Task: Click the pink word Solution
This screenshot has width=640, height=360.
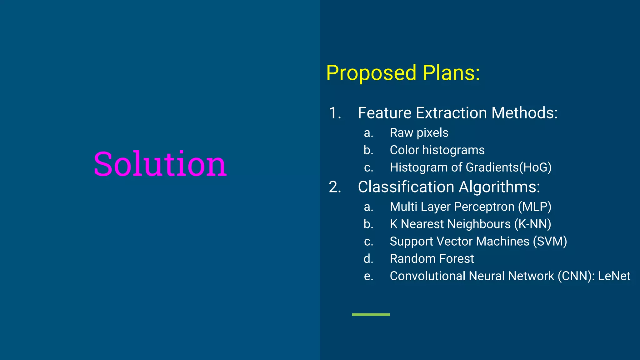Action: click(x=160, y=164)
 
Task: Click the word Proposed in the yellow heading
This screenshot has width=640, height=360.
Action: click(x=371, y=73)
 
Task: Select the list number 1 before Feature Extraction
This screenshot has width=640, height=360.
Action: click(x=335, y=113)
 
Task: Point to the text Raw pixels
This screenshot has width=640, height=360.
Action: click(x=419, y=133)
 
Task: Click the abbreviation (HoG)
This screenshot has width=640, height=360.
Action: click(x=535, y=167)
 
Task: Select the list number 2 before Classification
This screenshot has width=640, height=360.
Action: click(x=335, y=187)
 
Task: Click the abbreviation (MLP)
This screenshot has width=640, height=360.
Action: click(x=535, y=207)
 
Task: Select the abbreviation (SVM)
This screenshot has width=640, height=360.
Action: click(x=550, y=242)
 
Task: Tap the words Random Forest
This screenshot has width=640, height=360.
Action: click(x=432, y=259)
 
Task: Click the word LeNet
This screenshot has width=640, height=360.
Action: click(x=614, y=276)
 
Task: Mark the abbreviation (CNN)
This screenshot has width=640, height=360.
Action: click(x=576, y=276)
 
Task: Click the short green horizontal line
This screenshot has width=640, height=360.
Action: click(x=371, y=315)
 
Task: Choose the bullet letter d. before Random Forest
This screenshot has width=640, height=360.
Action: click(x=368, y=259)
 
